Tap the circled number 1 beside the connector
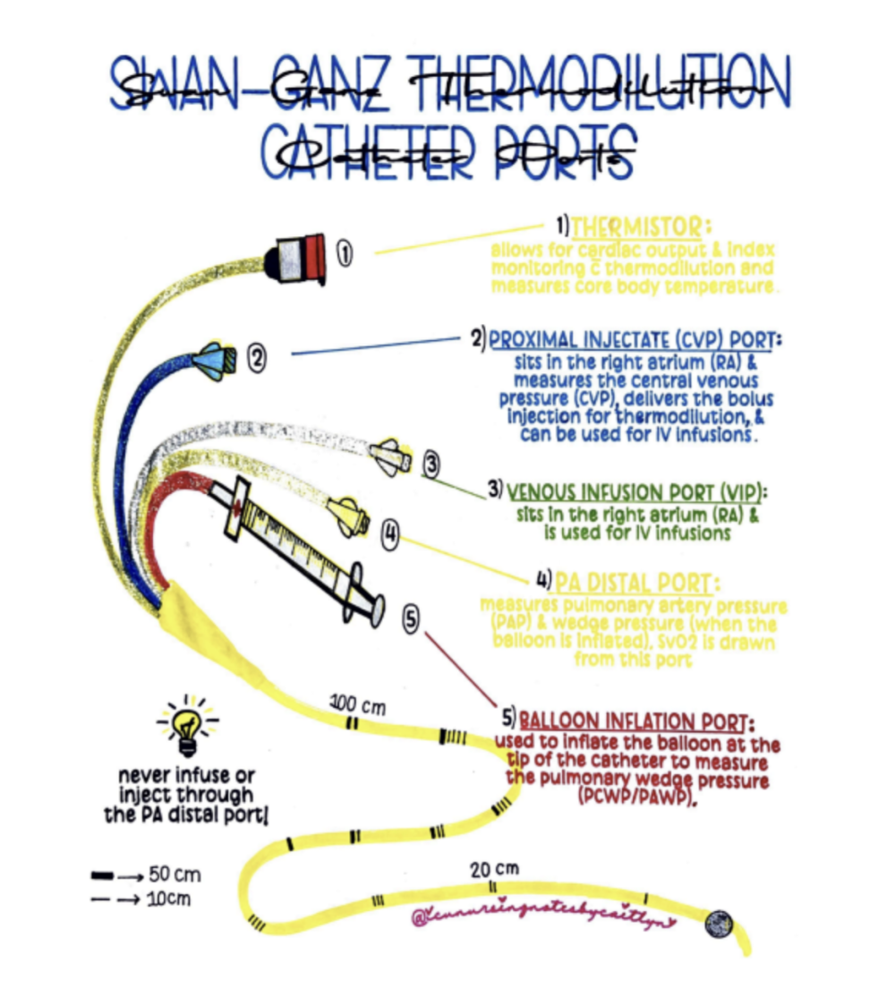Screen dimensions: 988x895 point(345,254)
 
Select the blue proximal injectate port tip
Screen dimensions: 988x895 point(215,359)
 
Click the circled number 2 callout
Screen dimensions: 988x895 point(256,359)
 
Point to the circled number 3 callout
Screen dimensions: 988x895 point(431,464)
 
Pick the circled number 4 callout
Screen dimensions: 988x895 point(390,534)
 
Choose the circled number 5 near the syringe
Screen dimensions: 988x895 point(410,618)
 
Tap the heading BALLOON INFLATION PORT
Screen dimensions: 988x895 point(636,720)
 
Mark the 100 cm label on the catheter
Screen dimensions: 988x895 point(357,704)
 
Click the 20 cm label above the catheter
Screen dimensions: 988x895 point(493,867)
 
